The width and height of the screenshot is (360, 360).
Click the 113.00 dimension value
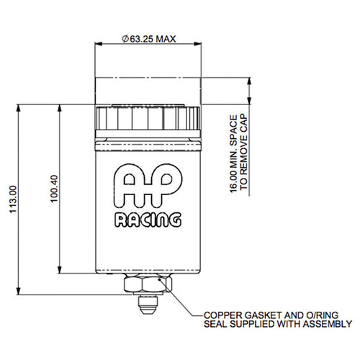(x=13, y=199)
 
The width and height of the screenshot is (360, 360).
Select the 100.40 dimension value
(x=55, y=189)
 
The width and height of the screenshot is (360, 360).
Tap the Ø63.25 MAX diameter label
(x=149, y=39)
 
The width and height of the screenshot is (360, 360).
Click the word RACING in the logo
(x=148, y=220)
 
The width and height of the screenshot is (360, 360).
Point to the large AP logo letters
(x=148, y=186)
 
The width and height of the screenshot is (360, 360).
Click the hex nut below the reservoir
(x=148, y=284)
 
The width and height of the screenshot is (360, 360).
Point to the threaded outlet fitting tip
(x=148, y=305)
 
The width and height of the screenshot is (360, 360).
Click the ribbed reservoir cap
(x=148, y=118)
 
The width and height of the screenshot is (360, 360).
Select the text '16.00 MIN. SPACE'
(x=233, y=154)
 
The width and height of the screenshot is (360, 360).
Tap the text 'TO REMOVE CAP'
(x=243, y=151)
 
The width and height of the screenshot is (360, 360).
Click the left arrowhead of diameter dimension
(x=99, y=44)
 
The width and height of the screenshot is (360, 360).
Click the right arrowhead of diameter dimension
(x=197, y=44)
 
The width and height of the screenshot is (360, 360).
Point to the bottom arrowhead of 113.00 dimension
(x=18, y=291)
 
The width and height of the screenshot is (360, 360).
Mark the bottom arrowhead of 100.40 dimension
(x=60, y=269)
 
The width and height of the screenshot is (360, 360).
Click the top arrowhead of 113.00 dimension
(x=18, y=108)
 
